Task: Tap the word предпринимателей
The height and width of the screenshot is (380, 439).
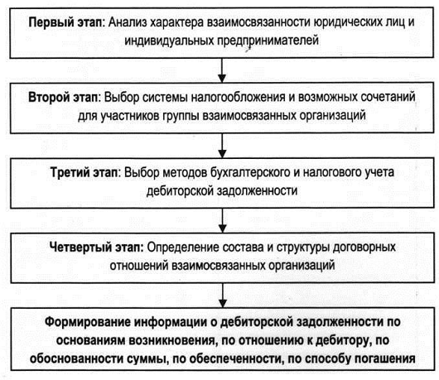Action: point(268,41)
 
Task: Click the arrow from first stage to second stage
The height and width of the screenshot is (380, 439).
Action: point(222,70)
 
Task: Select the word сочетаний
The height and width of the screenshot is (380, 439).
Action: point(388,98)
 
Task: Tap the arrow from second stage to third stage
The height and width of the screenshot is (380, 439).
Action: point(222,146)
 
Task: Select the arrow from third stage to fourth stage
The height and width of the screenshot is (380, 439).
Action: point(222,220)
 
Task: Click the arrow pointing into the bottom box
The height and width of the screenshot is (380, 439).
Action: point(223,296)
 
